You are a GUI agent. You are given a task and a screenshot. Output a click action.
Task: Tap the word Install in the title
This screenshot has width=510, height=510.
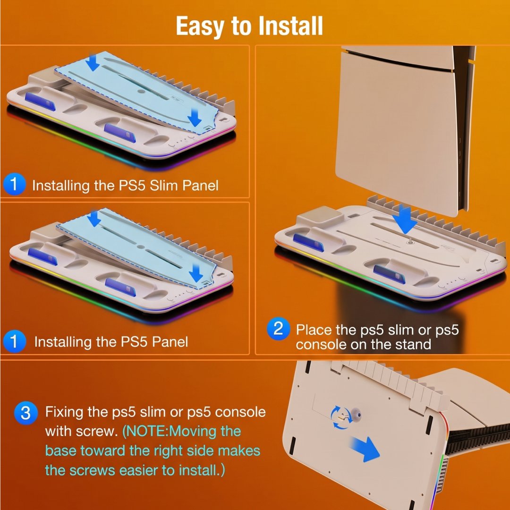click(x=290, y=25)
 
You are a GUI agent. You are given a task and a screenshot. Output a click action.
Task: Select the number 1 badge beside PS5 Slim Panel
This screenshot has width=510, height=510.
click(x=14, y=184)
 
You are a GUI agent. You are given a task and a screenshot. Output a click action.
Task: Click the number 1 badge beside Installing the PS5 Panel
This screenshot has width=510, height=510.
click(x=14, y=341)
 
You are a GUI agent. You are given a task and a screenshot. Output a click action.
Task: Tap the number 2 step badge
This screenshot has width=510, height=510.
click(x=278, y=329)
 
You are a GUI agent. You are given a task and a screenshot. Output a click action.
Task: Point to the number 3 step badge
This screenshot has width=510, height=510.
click(x=25, y=413)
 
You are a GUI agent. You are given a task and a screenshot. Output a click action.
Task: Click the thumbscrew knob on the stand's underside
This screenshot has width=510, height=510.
click(x=357, y=415)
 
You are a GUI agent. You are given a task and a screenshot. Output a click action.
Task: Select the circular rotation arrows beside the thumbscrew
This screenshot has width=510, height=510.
click(x=340, y=417)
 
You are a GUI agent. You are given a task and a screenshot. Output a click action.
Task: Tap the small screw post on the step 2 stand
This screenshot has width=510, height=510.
click(x=410, y=241)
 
